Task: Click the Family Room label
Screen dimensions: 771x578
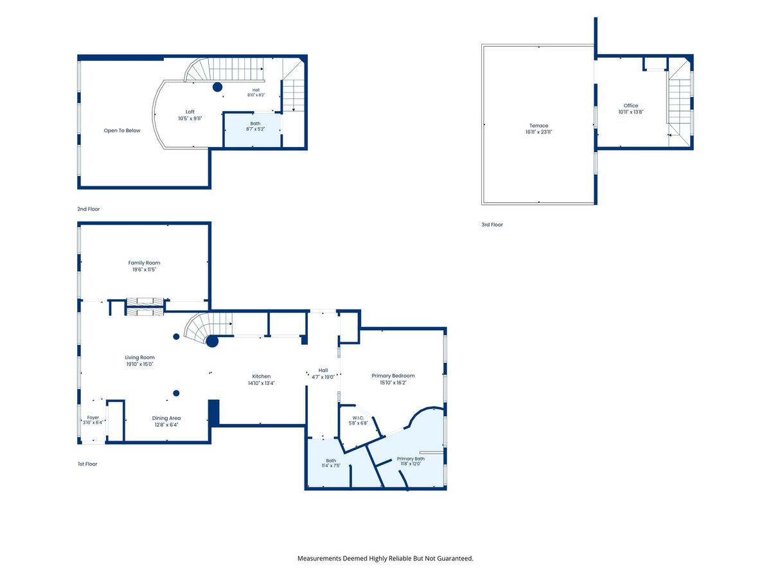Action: click(x=144, y=263)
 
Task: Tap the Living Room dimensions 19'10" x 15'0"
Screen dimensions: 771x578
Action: click(x=140, y=364)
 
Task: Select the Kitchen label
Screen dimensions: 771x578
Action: click(x=261, y=376)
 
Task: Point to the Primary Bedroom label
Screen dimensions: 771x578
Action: click(x=393, y=376)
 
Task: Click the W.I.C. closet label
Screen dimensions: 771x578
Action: click(x=358, y=418)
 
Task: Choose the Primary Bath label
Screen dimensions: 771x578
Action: click(x=411, y=459)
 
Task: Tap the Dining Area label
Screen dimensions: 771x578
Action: click(x=166, y=418)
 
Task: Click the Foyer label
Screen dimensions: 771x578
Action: click(x=93, y=417)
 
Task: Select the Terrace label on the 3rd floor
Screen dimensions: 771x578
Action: click(x=539, y=126)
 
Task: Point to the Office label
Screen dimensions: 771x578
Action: click(x=631, y=105)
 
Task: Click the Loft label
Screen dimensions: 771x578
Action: click(x=190, y=112)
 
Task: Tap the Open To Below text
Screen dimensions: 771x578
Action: click(x=122, y=130)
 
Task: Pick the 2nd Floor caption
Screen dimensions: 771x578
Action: click(x=89, y=209)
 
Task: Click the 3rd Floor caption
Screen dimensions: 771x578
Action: click(x=492, y=225)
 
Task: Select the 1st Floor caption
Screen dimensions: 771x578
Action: click(x=87, y=464)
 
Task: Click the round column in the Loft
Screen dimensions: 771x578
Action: click(x=217, y=87)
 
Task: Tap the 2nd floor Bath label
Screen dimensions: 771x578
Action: click(x=255, y=123)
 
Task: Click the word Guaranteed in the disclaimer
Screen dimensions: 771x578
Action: click(x=456, y=558)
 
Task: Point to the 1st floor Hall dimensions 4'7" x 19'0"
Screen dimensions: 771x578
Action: click(x=323, y=377)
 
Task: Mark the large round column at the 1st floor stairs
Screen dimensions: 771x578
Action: click(x=212, y=341)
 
